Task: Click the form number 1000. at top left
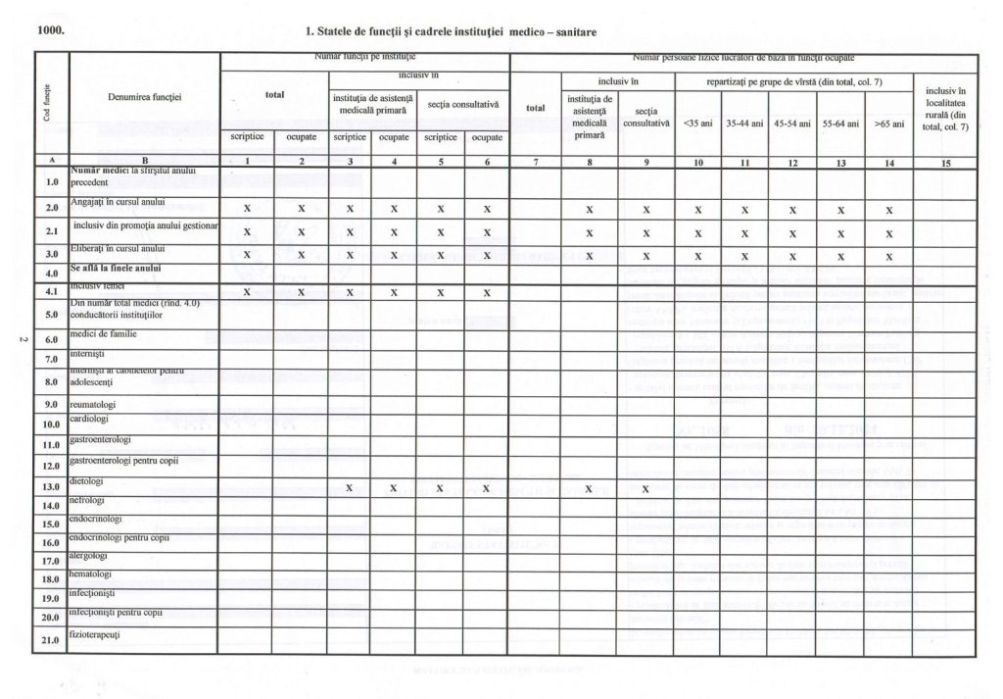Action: (51, 30)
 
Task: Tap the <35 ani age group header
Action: (696, 125)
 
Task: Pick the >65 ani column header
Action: (889, 125)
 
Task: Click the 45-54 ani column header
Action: (791, 125)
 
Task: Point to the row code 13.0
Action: (52, 486)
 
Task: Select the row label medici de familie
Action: (103, 333)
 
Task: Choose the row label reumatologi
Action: (94, 404)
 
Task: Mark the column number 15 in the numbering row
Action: (945, 164)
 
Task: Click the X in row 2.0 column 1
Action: (247, 209)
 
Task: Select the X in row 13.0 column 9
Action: (645, 488)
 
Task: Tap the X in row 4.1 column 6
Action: (487, 292)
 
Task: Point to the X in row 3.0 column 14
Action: (889, 257)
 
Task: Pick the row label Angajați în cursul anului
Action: (118, 202)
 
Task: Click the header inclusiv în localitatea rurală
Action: (945, 109)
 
